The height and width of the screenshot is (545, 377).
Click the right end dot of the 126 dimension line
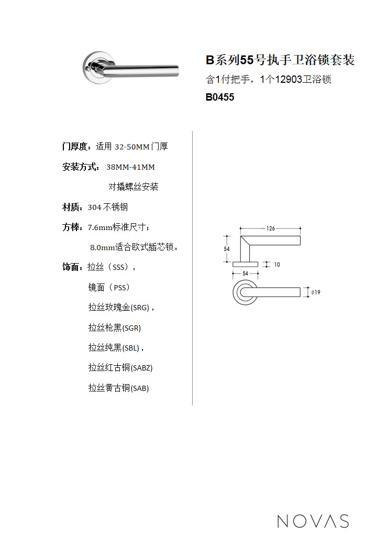click(300, 228)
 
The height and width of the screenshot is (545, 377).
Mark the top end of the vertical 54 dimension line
click(227, 236)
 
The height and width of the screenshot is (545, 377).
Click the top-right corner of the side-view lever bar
click(300, 236)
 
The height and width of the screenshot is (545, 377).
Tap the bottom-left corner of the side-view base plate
click(232, 267)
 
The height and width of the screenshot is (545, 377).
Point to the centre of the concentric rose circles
click(245, 292)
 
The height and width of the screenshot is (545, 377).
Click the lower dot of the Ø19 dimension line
click(306, 297)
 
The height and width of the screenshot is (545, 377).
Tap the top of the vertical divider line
click(192, 132)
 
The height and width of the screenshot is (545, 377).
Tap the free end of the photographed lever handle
click(178, 71)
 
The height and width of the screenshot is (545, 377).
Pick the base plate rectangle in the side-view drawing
click(245, 264)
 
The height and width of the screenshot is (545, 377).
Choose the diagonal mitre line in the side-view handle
click(245, 241)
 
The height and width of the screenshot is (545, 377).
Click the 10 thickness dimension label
click(277, 265)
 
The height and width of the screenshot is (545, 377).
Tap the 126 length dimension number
click(271, 228)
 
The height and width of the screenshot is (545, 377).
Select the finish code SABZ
click(142, 368)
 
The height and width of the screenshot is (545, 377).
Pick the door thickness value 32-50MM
click(132, 147)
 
